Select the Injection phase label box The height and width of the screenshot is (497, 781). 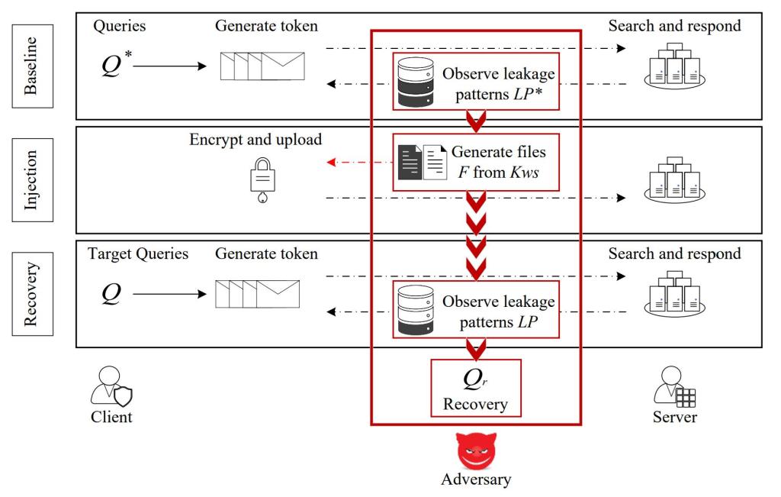31,180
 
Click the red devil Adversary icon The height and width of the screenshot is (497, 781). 476,450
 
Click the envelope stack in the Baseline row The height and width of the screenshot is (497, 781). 262,66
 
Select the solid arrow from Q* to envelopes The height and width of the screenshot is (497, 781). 169,66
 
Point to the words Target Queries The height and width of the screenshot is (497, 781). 138,254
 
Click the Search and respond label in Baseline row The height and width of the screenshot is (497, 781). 674,27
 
